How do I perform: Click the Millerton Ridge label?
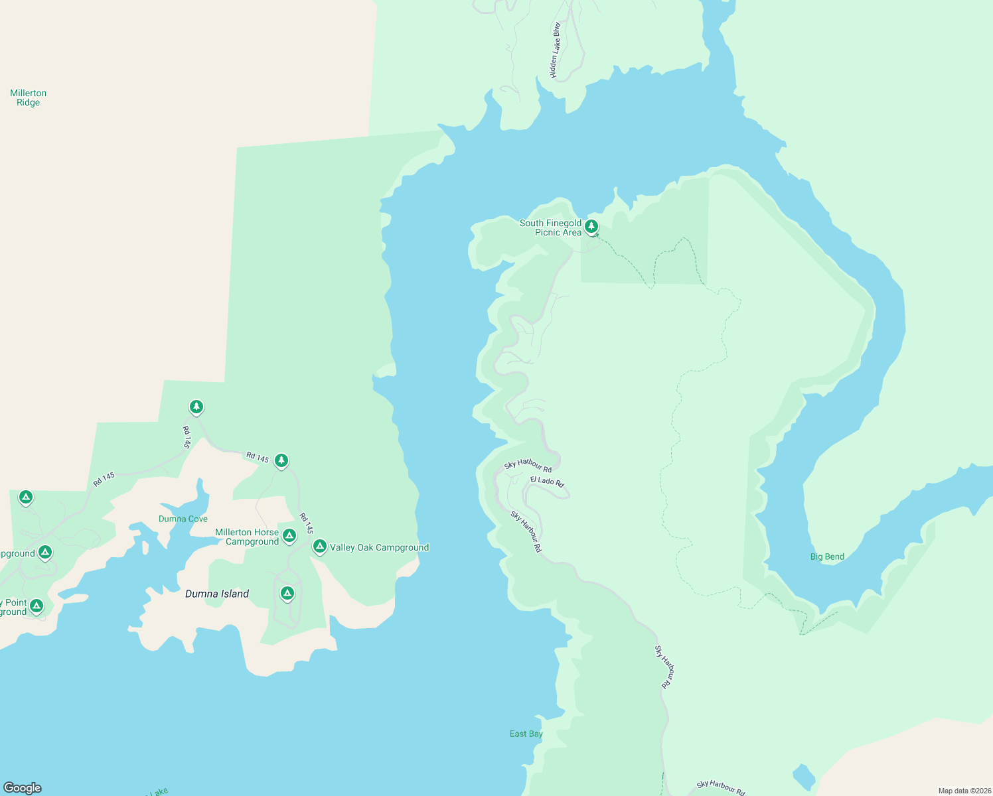[29, 98]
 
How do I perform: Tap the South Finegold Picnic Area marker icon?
[591, 227]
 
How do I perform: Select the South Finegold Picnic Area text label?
[550, 228]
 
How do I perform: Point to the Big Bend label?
[827, 557]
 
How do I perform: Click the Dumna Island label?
[217, 594]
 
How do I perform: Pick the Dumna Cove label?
[183, 519]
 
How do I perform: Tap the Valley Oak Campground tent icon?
[319, 547]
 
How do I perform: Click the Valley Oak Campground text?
[379, 547]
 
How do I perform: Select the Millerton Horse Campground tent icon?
[289, 535]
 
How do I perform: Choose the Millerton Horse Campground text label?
[247, 537]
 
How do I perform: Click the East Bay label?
[526, 734]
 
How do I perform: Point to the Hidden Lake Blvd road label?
[555, 50]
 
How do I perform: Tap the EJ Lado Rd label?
[547, 481]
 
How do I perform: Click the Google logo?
[23, 788]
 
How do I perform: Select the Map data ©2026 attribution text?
[964, 791]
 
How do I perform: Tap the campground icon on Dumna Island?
[287, 593]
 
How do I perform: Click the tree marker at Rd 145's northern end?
[196, 407]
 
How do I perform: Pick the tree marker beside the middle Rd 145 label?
[281, 460]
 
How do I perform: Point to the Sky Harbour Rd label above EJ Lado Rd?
[528, 465]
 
